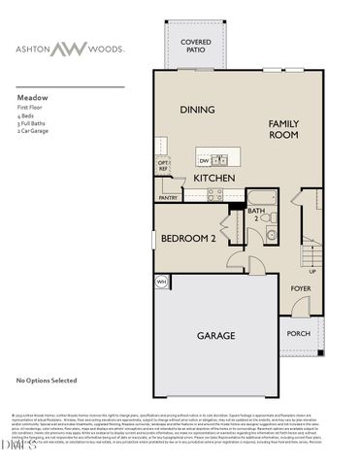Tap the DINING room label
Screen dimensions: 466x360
(197, 110)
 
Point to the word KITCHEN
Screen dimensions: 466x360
(214, 179)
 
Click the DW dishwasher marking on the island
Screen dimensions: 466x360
(204, 160)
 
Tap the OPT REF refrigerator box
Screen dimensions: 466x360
(163, 166)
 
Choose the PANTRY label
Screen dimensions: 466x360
(169, 197)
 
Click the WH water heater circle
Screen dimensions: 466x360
(161, 283)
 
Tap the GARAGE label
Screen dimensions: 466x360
(216, 335)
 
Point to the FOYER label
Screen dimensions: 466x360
(301, 288)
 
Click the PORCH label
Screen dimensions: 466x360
(299, 334)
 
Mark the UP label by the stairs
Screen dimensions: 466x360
(312, 271)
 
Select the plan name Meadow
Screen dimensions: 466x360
(32, 98)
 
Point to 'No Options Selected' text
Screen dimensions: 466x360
(46, 382)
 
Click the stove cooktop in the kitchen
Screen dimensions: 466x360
(215, 193)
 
